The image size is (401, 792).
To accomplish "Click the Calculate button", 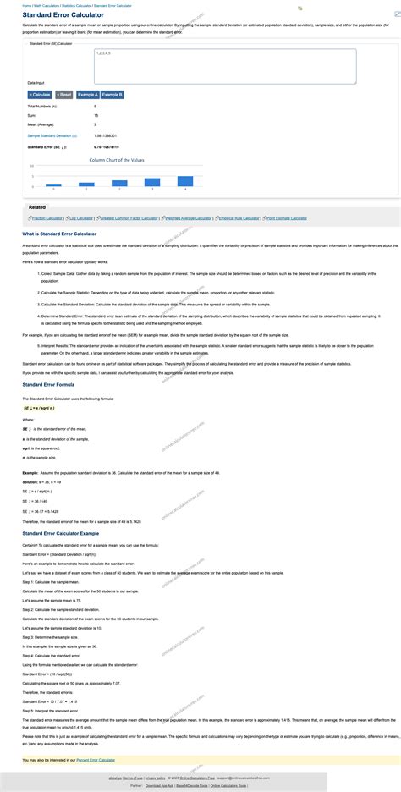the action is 40,95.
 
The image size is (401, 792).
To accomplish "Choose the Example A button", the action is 88,95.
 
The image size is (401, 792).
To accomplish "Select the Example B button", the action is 113,95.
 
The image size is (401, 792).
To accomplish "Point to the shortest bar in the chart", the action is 52,184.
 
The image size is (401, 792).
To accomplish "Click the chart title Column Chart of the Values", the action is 118,158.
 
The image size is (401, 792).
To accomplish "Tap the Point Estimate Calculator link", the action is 287,217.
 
